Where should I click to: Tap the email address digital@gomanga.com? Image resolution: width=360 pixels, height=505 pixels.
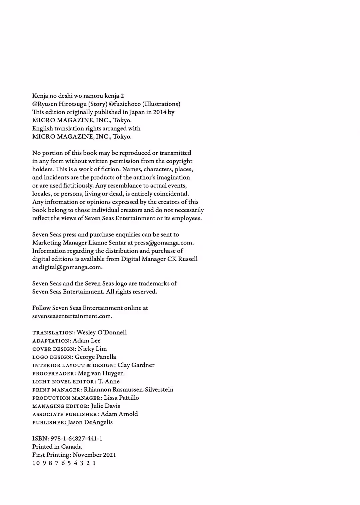click(70, 267)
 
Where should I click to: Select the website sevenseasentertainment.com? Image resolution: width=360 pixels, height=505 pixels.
click(72, 316)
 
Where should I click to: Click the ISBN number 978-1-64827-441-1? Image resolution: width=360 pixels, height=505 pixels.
click(76, 438)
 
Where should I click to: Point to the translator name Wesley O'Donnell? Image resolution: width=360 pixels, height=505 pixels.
click(102, 332)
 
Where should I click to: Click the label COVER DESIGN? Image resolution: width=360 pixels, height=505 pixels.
click(54, 349)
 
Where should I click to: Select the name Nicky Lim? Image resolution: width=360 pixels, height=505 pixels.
click(92, 349)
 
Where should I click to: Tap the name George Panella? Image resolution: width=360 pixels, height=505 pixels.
click(95, 357)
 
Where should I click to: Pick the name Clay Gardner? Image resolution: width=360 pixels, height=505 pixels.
click(136, 365)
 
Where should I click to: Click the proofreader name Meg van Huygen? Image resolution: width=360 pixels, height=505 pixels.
click(101, 373)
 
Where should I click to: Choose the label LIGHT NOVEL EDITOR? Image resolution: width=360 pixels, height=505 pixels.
click(63, 382)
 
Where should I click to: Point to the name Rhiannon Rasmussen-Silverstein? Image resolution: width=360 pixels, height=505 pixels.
click(129, 389)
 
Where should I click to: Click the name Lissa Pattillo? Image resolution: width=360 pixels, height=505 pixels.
click(121, 398)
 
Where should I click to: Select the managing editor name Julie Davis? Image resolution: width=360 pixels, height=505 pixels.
click(105, 406)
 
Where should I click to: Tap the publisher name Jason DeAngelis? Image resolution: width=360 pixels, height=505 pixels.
click(90, 422)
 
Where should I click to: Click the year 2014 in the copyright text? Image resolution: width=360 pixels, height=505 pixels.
click(160, 112)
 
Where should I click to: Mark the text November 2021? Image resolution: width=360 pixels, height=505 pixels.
click(94, 455)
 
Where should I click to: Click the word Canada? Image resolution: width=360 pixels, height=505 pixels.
click(71, 447)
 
